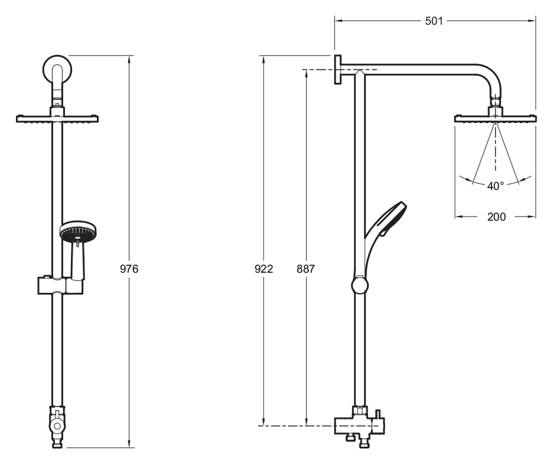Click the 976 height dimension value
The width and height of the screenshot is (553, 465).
pyautogui.click(x=129, y=269)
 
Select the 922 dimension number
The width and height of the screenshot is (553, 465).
pyautogui.click(x=264, y=269)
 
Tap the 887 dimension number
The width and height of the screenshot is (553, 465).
pyautogui.click(x=305, y=269)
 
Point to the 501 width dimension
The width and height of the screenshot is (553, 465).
pyautogui.click(x=434, y=21)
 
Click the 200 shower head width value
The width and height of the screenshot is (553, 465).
pyautogui.click(x=496, y=217)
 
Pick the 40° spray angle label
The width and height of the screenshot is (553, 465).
pyautogui.click(x=496, y=186)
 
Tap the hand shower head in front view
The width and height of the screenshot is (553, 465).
pyautogui.click(x=78, y=232)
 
